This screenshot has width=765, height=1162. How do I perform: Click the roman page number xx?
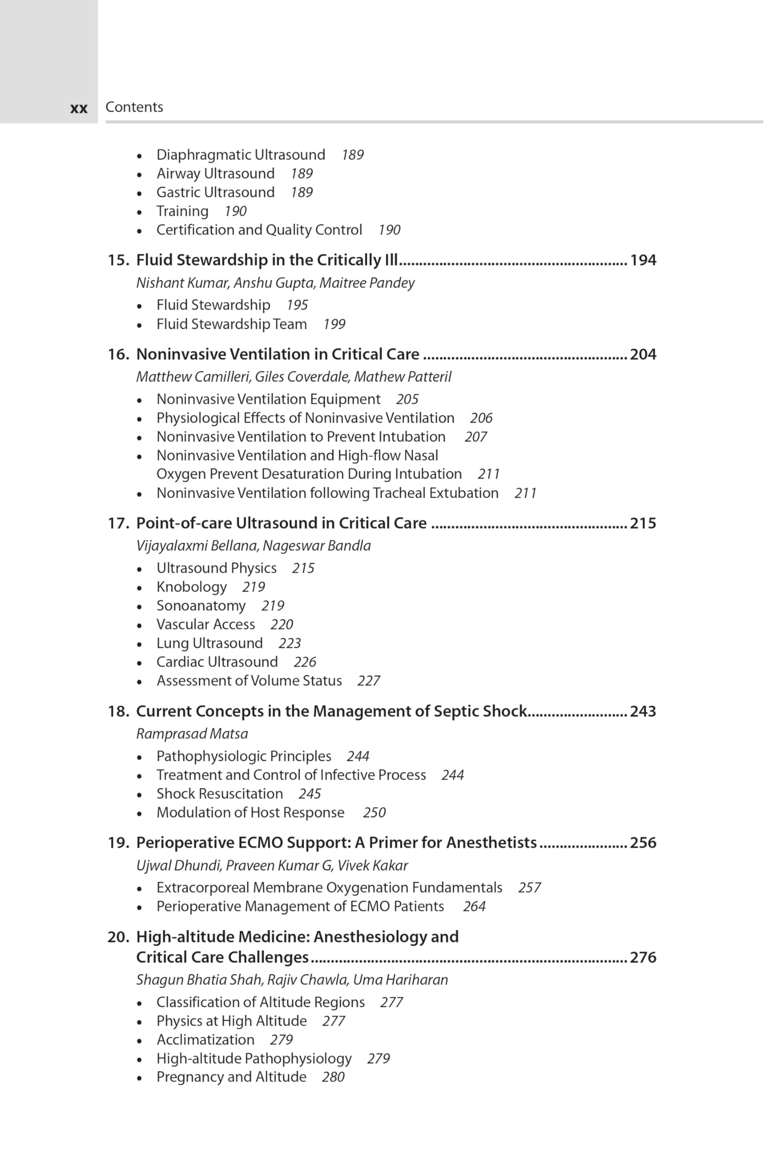pyautogui.click(x=79, y=109)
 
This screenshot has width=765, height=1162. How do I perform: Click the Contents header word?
pyautogui.click(x=134, y=107)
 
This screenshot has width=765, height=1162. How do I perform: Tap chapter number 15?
pyautogui.click(x=118, y=260)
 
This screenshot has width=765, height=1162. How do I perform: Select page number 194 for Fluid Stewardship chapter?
pyautogui.click(x=643, y=260)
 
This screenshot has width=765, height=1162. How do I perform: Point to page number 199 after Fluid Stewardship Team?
pyautogui.click(x=334, y=325)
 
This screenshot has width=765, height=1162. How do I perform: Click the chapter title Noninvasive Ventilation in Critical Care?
pyautogui.click(x=277, y=354)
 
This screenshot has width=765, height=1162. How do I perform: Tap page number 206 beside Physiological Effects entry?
pyautogui.click(x=481, y=418)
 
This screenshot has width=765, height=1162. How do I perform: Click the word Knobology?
pyautogui.click(x=191, y=587)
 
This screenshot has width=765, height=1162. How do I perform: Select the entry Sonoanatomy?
pyautogui.click(x=201, y=606)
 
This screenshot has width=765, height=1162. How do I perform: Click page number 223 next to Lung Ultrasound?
pyautogui.click(x=289, y=644)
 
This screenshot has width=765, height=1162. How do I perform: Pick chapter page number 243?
pyautogui.click(x=643, y=711)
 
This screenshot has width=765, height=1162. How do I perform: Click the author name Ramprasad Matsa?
pyautogui.click(x=192, y=734)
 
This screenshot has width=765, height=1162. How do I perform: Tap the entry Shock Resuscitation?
pyautogui.click(x=219, y=794)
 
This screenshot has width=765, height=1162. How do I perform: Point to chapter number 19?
pyautogui.click(x=118, y=843)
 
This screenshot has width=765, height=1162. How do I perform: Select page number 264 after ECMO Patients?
pyautogui.click(x=474, y=907)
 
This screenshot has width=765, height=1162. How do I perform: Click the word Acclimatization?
pyautogui.click(x=205, y=1040)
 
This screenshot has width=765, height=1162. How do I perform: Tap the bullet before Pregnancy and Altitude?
pyautogui.click(x=139, y=1078)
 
